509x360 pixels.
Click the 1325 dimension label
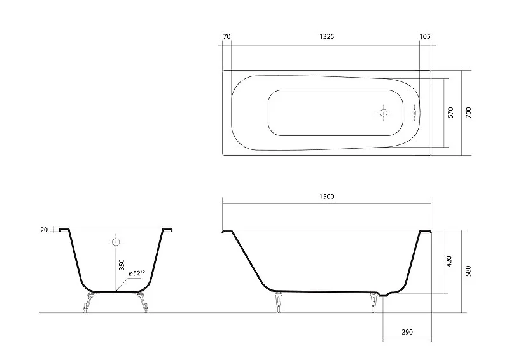tap(326, 36)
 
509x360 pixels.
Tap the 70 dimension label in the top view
tap(227, 36)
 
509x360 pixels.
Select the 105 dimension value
tap(425, 36)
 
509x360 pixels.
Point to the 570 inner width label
tap(450, 113)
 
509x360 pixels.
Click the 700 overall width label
tap(468, 113)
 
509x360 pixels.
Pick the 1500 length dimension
tap(326, 197)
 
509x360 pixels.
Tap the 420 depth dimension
tap(449, 261)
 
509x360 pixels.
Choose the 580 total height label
tap(468, 271)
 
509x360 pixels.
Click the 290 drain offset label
tap(407, 332)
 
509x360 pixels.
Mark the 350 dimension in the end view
tap(122, 265)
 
